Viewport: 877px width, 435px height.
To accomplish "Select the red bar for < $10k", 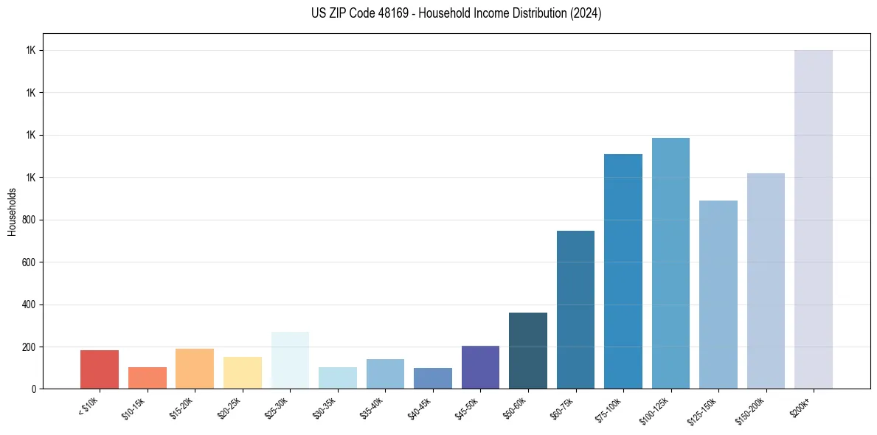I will [100, 369].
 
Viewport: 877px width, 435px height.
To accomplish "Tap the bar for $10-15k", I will [147, 377].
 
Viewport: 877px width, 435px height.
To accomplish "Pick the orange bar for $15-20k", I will [195, 369].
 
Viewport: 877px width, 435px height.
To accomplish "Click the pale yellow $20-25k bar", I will [242, 372].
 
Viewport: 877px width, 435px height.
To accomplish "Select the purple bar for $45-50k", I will [480, 367].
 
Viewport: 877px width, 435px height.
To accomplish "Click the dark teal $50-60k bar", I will [528, 350].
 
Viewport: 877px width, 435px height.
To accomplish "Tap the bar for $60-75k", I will [575, 310].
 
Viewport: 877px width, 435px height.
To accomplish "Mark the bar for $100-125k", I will [670, 263].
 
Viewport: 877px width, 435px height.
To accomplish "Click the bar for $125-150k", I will [718, 294].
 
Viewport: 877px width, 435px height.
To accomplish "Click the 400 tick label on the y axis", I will [30, 304].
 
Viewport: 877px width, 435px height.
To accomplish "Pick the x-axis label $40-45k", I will [421, 409].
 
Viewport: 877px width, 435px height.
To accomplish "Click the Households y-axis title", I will [13, 212].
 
